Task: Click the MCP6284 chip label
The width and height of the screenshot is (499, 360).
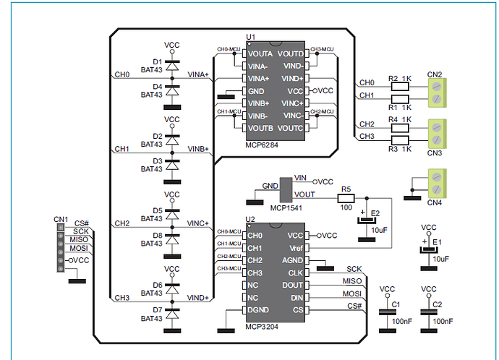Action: [x=262, y=145]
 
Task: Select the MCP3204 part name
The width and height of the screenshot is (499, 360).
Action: [x=262, y=327]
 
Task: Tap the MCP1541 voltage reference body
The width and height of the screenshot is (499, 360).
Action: [x=286, y=190]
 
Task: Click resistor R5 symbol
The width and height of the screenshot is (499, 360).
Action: [x=346, y=198]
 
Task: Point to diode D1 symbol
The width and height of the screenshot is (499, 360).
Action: [x=172, y=65]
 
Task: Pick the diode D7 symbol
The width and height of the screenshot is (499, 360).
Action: [x=172, y=313]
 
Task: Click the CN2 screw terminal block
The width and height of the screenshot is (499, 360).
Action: [x=438, y=93]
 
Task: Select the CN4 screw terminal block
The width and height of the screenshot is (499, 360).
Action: [x=438, y=184]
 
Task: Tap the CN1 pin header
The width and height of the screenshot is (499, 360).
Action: [x=61, y=248]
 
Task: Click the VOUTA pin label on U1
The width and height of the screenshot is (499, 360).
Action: [x=260, y=53]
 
